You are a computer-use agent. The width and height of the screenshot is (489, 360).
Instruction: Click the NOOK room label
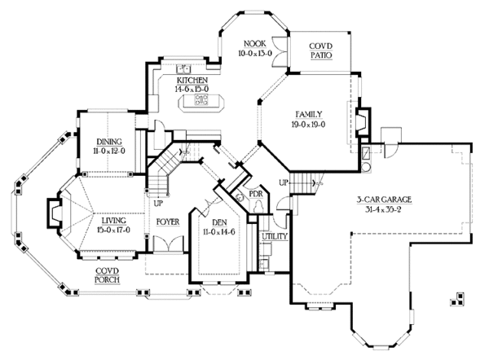click(x=255, y=43)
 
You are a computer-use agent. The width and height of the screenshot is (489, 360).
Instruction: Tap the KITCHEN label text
click(x=192, y=80)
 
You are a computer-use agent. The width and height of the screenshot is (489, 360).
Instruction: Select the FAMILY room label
click(x=308, y=114)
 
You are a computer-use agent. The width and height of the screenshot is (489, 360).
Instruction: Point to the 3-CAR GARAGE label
click(x=384, y=200)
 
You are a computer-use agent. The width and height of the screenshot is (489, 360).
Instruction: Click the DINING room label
click(x=109, y=142)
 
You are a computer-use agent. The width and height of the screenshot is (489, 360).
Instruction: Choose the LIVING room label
click(x=114, y=221)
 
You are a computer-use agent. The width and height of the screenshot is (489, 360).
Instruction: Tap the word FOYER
click(x=168, y=222)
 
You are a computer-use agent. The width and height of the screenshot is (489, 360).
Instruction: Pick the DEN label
click(x=219, y=222)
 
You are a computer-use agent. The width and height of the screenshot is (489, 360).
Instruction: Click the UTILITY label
click(x=275, y=236)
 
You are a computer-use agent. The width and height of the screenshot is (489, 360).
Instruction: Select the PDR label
click(x=256, y=194)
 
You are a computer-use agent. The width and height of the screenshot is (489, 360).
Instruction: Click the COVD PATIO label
click(x=321, y=50)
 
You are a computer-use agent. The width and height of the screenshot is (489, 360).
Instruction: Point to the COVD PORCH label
click(x=108, y=275)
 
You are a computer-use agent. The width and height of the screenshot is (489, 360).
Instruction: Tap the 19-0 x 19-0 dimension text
click(x=308, y=125)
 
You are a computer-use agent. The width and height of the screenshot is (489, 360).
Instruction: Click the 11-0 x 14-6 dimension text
click(x=219, y=232)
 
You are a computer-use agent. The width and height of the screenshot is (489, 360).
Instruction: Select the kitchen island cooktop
click(x=201, y=99)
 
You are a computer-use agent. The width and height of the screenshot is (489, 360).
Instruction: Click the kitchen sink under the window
click(x=183, y=68)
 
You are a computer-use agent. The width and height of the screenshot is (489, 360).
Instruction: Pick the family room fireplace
click(x=363, y=121)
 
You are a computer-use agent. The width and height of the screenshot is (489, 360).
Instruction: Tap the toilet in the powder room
click(x=259, y=207)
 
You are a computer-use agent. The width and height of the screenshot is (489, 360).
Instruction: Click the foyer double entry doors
click(x=169, y=244)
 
